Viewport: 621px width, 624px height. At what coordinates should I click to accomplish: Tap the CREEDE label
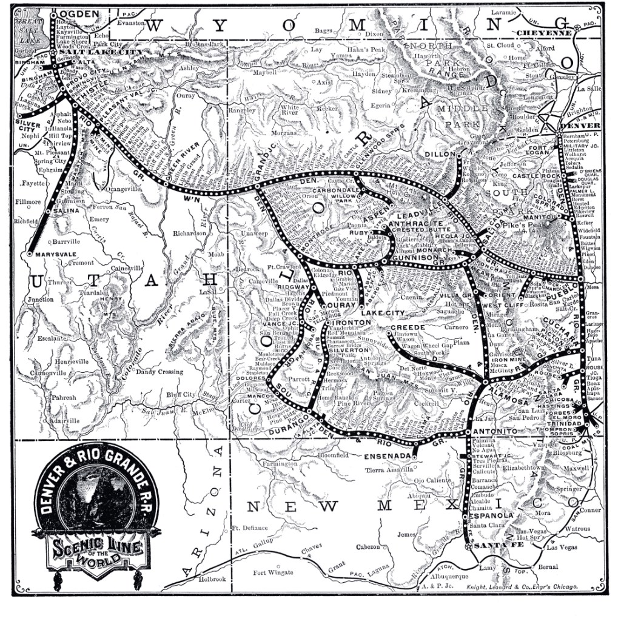[411, 327]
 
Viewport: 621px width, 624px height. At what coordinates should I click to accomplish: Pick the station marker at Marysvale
[29, 254]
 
